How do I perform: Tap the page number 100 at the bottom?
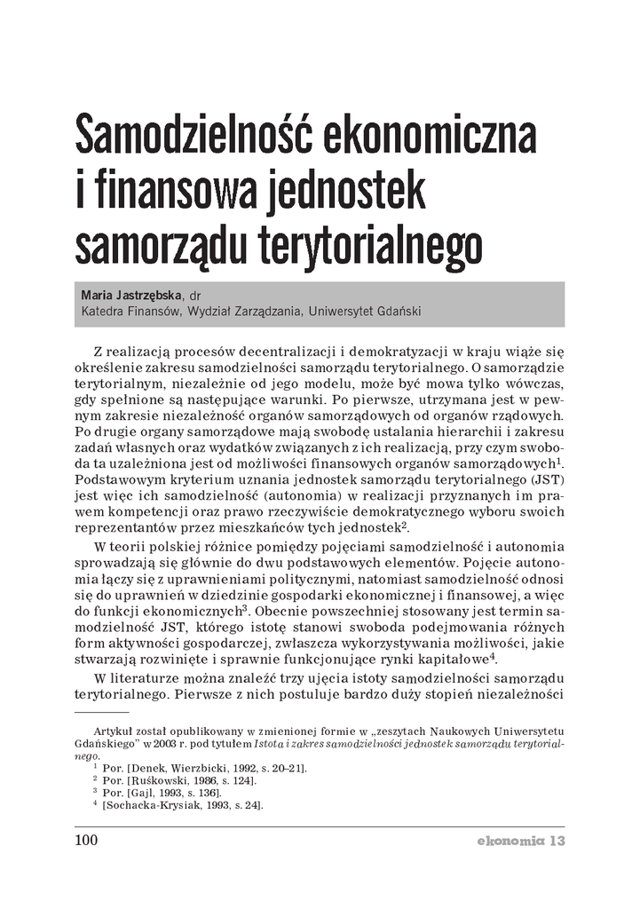click(85, 841)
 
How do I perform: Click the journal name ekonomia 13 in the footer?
click(518, 841)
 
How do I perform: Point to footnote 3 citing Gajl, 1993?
click(170, 794)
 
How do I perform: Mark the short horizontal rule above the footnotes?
click(101, 711)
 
